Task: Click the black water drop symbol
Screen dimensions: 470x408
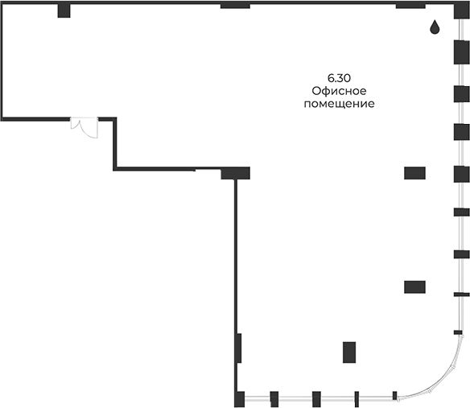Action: tap(435, 27)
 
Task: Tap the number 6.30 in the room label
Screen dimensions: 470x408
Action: tap(339, 78)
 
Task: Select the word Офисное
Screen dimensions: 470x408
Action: tap(339, 91)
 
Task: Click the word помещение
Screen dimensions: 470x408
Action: tap(339, 104)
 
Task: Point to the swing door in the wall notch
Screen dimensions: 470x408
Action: tap(85, 128)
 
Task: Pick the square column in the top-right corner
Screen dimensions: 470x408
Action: tap(462, 10)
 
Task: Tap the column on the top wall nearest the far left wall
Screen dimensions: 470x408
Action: tap(64, 10)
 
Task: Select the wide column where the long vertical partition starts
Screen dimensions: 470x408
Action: tap(235, 173)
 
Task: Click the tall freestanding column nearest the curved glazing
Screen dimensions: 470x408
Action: tap(349, 352)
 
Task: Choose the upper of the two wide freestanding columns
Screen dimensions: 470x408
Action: tap(414, 173)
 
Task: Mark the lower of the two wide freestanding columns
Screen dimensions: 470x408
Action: tap(414, 287)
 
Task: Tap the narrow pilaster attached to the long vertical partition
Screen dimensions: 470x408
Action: tap(239, 348)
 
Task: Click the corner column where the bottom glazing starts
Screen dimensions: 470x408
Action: tap(239, 399)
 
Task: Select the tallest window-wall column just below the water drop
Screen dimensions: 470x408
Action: tap(461, 52)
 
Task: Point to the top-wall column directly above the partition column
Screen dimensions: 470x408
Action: tap(235, 6)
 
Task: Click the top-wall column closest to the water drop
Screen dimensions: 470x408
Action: tap(410, 6)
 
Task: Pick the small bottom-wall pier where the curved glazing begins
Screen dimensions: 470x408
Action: tap(395, 396)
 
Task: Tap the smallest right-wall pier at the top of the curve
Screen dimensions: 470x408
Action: tap(458, 332)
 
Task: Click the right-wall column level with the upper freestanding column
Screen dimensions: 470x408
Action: tap(461, 175)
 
